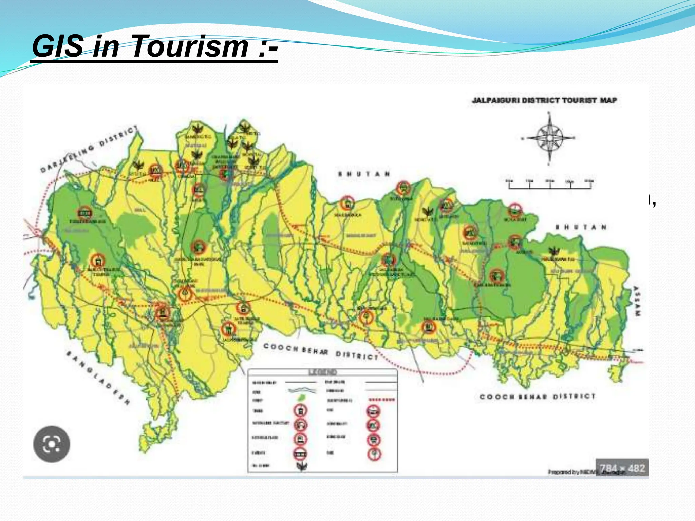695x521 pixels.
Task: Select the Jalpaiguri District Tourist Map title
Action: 544,100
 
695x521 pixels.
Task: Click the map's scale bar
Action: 550,185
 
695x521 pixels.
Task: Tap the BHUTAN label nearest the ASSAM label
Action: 581,227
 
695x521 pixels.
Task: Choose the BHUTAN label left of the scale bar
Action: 364,174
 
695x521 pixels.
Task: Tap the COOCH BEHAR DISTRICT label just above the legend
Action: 320,351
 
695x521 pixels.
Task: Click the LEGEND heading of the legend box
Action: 322,372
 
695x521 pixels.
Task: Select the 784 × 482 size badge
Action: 622,468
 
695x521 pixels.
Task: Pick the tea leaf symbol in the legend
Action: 301,466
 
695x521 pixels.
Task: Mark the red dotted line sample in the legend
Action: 381,400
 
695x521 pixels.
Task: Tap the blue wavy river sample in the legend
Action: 301,390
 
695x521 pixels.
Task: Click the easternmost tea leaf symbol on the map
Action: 555,251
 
